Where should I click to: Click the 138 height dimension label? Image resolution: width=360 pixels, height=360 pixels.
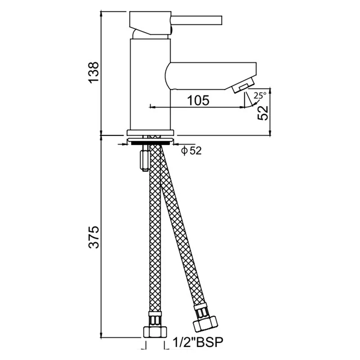tap(94, 72)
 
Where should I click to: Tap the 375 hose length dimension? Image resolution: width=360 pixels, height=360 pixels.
tap(94, 237)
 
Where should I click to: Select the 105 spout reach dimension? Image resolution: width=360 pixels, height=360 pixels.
tap(198, 100)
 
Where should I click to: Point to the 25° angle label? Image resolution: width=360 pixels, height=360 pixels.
tap(260, 95)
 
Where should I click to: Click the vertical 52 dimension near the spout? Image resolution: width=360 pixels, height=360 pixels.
tap(263, 113)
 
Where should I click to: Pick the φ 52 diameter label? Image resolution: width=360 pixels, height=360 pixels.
tap(191, 151)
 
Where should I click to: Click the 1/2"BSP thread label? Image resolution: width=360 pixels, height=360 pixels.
tap(198, 342)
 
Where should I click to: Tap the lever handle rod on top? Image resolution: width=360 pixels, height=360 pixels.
tap(197, 20)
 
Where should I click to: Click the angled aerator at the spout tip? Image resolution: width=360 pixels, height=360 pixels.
tap(243, 85)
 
